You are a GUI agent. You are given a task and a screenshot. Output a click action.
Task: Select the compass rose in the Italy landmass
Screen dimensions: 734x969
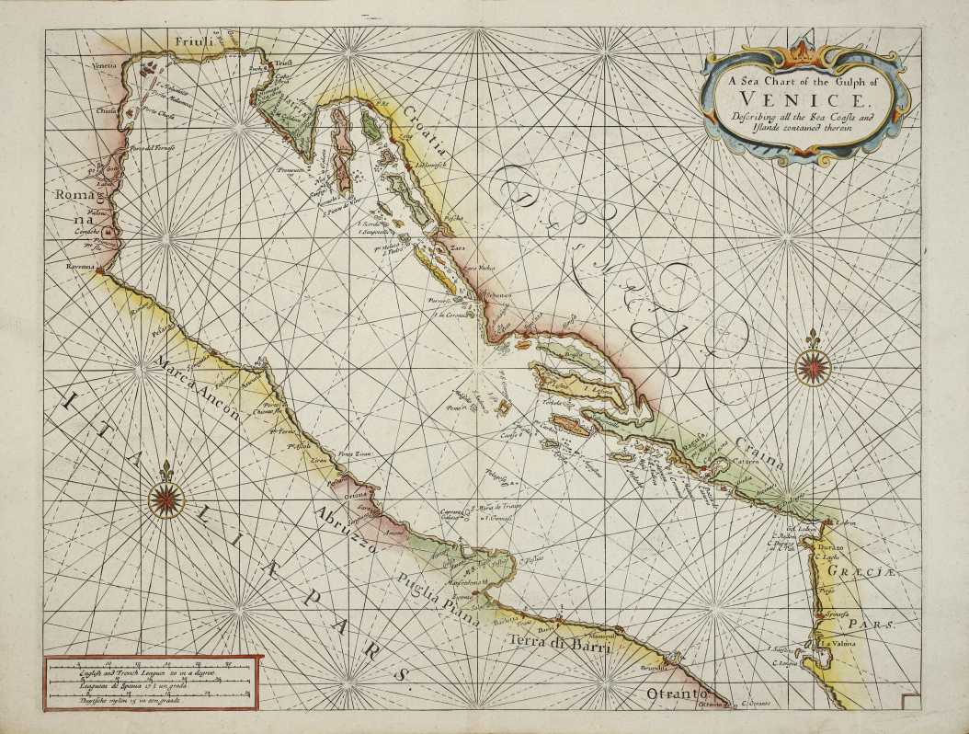pyautogui.click(x=165, y=499)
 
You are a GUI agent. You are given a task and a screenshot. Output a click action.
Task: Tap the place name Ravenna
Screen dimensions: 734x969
pyautogui.click(x=81, y=267)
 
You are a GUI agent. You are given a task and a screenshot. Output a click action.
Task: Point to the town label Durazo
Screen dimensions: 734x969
pyautogui.click(x=826, y=547)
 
